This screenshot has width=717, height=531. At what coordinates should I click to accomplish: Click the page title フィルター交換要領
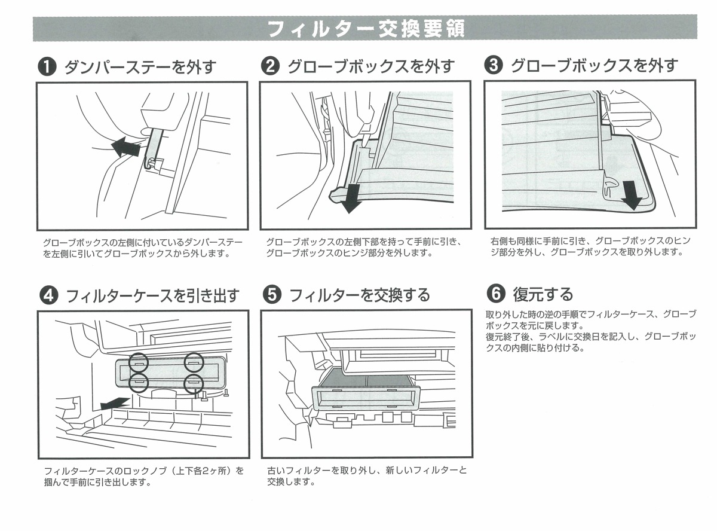366,28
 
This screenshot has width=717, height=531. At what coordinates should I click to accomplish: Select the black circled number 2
270,66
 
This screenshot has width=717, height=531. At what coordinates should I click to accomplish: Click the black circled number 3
493,66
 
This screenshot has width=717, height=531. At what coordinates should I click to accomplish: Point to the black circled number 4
47,295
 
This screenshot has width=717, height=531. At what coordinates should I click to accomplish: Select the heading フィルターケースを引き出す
152,295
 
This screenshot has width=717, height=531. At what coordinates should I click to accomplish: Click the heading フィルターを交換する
359,295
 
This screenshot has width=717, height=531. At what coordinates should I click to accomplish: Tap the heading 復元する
543,294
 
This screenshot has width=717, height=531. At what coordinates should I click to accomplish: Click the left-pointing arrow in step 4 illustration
114,404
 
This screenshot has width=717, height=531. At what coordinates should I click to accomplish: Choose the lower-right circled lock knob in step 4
194,383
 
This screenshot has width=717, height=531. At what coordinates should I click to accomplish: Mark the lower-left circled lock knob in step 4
138,383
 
